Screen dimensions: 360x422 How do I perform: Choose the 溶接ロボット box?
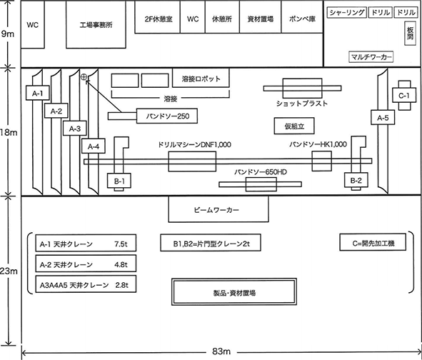(x=201, y=79)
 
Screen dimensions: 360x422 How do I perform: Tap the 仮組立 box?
(x=293, y=126)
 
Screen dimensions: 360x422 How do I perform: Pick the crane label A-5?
(x=382, y=118)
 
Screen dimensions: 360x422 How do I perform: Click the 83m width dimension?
(x=219, y=352)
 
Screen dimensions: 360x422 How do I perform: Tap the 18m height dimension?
(x=7, y=132)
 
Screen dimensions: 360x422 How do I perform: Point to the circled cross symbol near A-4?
(x=84, y=76)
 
